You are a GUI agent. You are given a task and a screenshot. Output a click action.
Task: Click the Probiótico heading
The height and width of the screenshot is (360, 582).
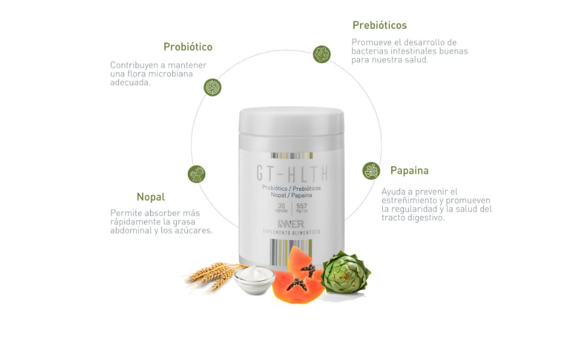coord(188,47)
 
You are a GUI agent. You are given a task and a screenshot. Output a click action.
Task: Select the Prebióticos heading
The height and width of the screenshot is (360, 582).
coord(379,25)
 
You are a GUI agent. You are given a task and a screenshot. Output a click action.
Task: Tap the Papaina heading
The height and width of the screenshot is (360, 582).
coord(409,170)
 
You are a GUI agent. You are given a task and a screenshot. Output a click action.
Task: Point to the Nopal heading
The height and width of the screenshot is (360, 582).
coord(151,197)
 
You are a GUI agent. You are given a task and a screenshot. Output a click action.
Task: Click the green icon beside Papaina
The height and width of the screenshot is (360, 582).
coord(371,170)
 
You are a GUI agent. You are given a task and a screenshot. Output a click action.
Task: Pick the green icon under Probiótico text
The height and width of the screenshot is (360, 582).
coord(212,88)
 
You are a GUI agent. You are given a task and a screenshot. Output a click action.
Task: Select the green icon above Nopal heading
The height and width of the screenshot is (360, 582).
coord(197,174)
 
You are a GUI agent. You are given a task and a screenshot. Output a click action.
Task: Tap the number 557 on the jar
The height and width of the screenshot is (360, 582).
coord(301,205)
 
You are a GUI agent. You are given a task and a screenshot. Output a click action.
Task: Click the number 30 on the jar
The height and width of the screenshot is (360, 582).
coord(281,205)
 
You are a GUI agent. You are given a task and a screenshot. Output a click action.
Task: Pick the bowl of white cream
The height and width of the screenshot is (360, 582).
coord(254,279)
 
